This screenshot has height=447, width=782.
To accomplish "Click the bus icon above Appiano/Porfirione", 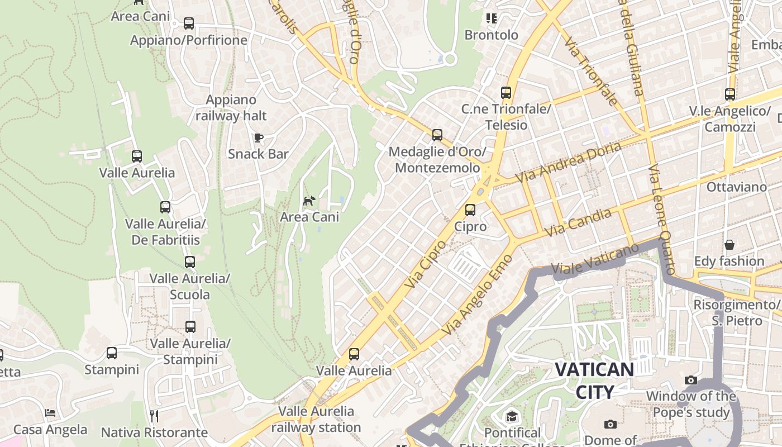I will [189, 23].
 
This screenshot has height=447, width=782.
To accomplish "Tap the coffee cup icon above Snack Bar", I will [258, 137].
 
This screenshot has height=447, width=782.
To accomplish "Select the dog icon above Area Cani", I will [309, 200].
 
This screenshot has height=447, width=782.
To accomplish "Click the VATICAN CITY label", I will [594, 380].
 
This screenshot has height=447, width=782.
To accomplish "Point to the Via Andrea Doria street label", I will [569, 162].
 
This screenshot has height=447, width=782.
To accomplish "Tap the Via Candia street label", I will [578, 222].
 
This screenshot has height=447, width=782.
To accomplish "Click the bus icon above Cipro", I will [470, 210].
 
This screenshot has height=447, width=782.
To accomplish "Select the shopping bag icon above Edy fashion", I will [729, 245].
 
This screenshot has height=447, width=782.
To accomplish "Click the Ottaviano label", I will [737, 187].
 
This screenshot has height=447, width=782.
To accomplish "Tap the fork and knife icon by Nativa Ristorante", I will [154, 416].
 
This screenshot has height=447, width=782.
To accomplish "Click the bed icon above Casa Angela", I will [50, 413].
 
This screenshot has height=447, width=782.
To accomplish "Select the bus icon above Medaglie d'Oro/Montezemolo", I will [437, 135].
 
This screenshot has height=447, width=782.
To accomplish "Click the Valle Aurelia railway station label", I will [316, 420].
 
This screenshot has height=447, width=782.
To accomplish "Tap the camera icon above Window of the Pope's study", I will [691, 380].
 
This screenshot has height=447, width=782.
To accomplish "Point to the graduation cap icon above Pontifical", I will [512, 416].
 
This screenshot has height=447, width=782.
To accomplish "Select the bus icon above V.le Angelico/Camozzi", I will [730, 94].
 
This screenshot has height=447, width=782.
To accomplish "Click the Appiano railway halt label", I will [231, 108].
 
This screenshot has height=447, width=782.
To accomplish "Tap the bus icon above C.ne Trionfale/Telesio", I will [506, 92].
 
